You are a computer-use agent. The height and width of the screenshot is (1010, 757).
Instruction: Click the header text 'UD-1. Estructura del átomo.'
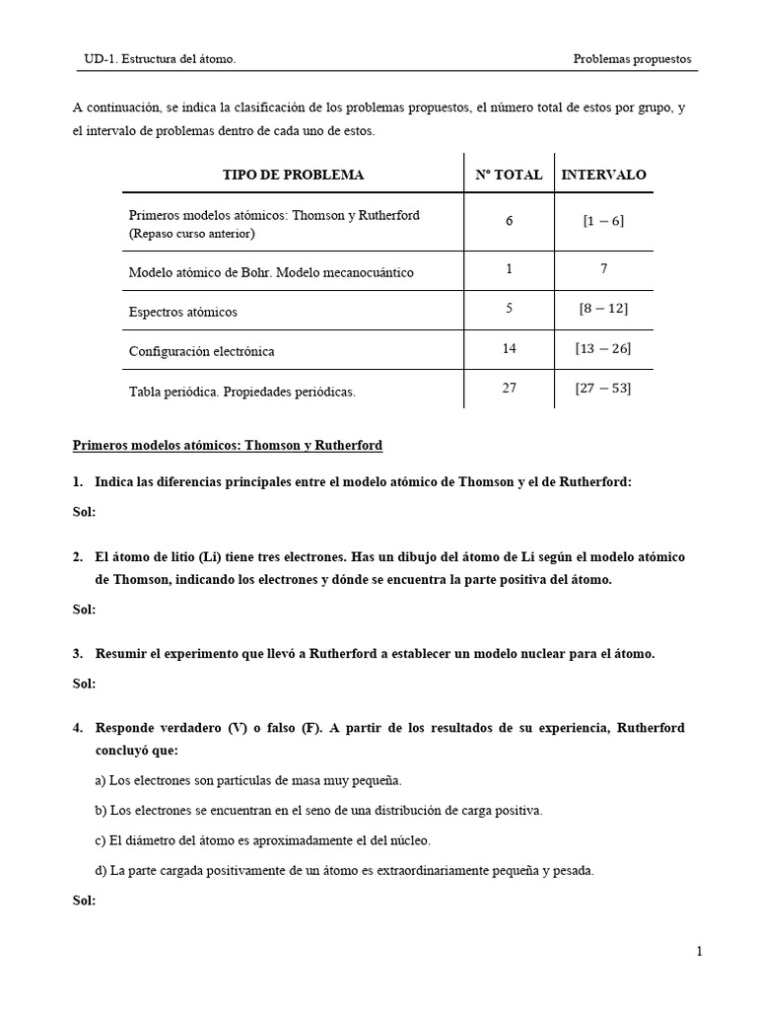[x=159, y=59]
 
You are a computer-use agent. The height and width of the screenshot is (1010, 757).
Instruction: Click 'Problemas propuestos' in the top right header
[x=632, y=59]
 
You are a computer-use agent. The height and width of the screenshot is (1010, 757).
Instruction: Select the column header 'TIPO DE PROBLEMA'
[x=293, y=175]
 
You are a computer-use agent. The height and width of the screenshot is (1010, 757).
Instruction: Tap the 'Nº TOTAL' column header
[x=509, y=175]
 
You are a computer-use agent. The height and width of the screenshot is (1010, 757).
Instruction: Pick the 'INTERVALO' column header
[x=603, y=175]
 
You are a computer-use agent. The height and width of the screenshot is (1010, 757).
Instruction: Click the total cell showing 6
[x=509, y=221]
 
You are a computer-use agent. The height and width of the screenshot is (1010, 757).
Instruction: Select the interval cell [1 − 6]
[x=603, y=221]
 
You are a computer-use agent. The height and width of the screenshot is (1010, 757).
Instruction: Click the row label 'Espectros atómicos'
[x=183, y=312]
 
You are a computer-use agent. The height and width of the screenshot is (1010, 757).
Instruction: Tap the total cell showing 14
[x=509, y=349]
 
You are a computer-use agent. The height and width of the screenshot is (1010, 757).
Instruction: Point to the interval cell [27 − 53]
[x=603, y=389]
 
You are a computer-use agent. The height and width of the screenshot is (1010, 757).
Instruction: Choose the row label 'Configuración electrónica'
[x=201, y=351]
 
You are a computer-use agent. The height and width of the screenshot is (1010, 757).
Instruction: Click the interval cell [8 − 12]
[x=603, y=310]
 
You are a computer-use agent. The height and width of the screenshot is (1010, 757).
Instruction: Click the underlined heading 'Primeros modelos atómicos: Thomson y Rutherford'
[x=228, y=446]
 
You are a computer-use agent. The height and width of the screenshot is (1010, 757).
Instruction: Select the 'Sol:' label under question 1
[x=84, y=512]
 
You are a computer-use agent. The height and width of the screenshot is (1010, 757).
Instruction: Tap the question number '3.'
[x=78, y=654]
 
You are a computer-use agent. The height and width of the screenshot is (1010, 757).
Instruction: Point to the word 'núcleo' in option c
[x=409, y=841]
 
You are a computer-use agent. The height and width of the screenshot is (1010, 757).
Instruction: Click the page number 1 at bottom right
[x=698, y=952]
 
